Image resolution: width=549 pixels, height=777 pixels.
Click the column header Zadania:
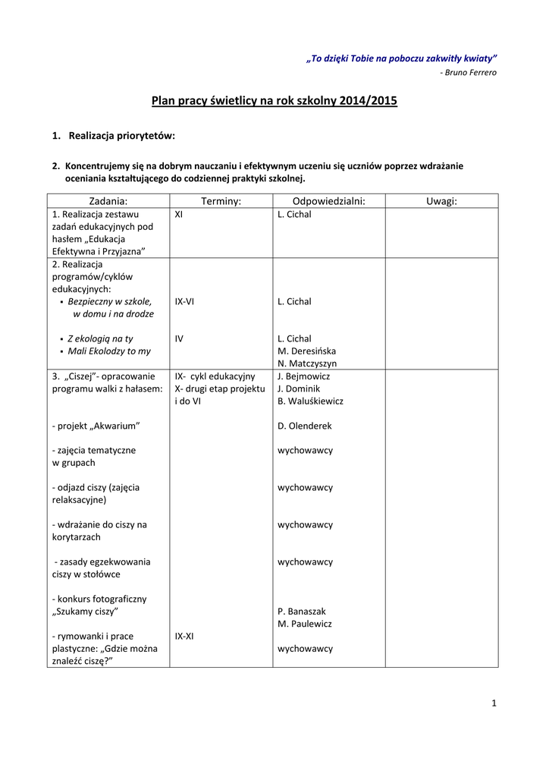[x=108, y=201]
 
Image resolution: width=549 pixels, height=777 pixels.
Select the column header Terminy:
[x=221, y=201]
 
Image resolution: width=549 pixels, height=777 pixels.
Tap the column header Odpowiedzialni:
[x=328, y=201]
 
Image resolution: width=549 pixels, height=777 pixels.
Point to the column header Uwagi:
[x=441, y=201]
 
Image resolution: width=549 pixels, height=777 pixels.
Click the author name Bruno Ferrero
[x=470, y=73]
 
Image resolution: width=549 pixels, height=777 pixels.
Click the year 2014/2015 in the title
[x=369, y=100]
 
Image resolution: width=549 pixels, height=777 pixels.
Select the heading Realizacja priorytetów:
[x=121, y=136]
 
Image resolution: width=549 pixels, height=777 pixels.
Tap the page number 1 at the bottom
[x=494, y=703]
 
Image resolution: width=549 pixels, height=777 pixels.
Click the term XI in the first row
[x=179, y=215]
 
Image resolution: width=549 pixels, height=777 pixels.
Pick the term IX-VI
[x=184, y=301]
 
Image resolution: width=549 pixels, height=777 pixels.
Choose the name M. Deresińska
[x=306, y=351]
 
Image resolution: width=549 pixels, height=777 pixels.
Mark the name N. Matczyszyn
[x=306, y=363]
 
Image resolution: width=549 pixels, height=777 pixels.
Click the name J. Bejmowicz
[x=303, y=376]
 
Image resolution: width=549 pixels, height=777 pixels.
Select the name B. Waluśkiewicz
[x=310, y=401]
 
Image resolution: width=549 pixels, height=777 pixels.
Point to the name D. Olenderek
[x=304, y=426]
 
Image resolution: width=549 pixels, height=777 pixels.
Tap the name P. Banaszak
[x=303, y=612]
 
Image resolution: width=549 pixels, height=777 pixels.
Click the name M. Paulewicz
[x=304, y=624]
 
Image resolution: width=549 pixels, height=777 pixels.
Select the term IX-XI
[x=184, y=636]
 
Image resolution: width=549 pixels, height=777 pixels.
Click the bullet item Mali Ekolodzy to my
[x=109, y=351]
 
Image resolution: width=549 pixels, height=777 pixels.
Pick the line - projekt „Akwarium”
[x=96, y=426]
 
